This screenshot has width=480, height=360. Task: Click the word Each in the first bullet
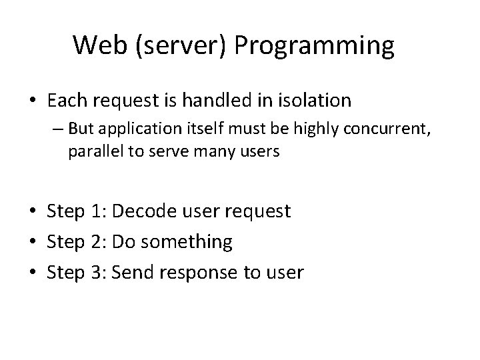[68, 101]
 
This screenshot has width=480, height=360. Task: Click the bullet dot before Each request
[33, 101]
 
